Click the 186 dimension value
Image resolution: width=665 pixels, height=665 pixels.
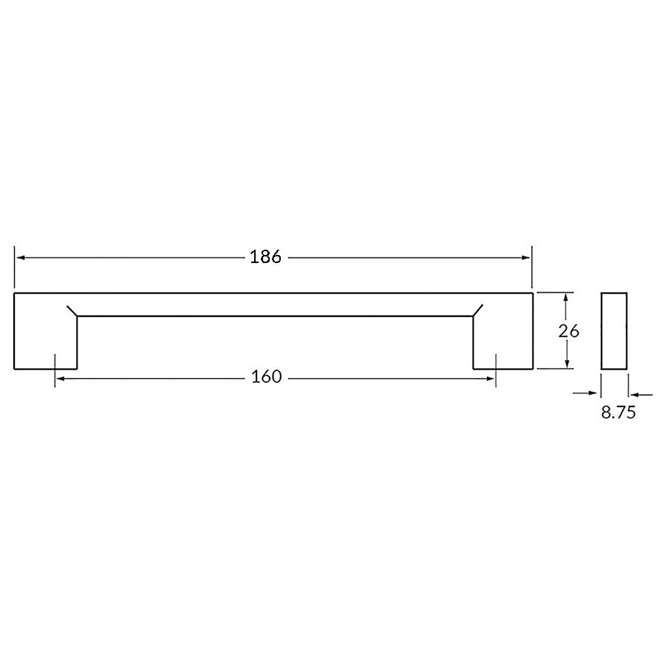tap(266, 257)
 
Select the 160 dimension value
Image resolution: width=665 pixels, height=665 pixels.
tap(266, 377)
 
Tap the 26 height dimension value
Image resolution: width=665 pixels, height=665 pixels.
tap(569, 331)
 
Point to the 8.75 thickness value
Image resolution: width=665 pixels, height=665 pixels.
tap(618, 413)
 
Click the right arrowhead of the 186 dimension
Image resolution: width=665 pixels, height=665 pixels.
tap(526, 257)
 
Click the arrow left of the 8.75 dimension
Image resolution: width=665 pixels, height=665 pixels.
tap(591, 394)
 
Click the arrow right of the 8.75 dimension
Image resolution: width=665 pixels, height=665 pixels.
tap(634, 394)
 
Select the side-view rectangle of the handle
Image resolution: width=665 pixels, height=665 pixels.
tap(614, 331)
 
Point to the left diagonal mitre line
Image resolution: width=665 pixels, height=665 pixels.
tap(72, 310)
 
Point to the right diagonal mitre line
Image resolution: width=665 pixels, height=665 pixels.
tap(478, 310)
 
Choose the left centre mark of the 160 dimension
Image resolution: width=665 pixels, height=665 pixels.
tap(55, 369)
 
